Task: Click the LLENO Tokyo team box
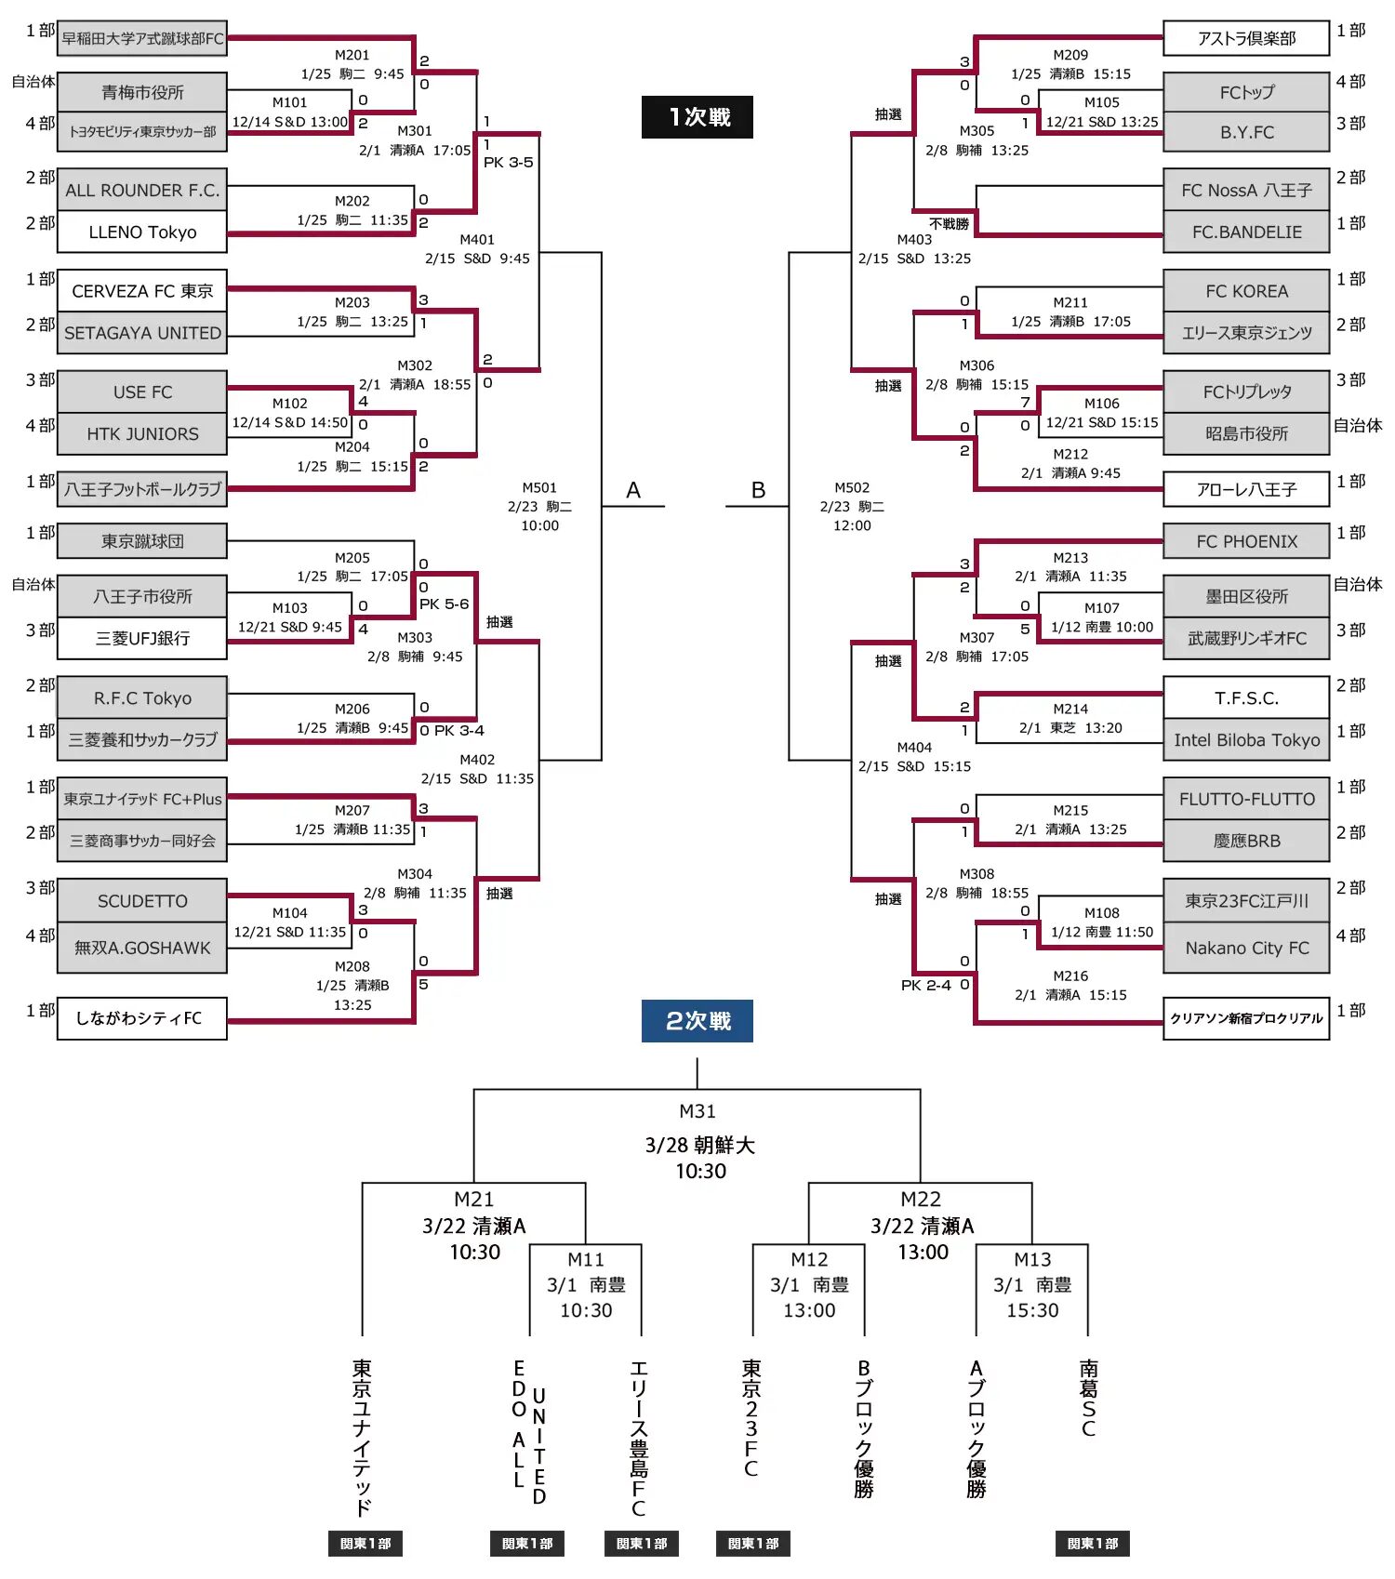142,232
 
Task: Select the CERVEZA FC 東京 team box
142,291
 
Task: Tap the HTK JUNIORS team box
142,434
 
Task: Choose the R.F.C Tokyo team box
142,698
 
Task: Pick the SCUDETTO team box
142,901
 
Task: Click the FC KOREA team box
1246,291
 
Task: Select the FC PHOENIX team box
1246,541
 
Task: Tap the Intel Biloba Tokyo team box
1246,740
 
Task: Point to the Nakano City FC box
1246,949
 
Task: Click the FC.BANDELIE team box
1246,232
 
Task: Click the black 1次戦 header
697,117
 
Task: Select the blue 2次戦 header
697,1021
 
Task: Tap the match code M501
539,487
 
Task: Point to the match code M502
852,487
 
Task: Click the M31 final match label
697,1111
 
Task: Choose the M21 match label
474,1200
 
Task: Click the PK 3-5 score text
509,163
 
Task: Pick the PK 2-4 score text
926,986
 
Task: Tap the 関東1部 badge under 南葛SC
1093,1544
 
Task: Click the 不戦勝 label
949,224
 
